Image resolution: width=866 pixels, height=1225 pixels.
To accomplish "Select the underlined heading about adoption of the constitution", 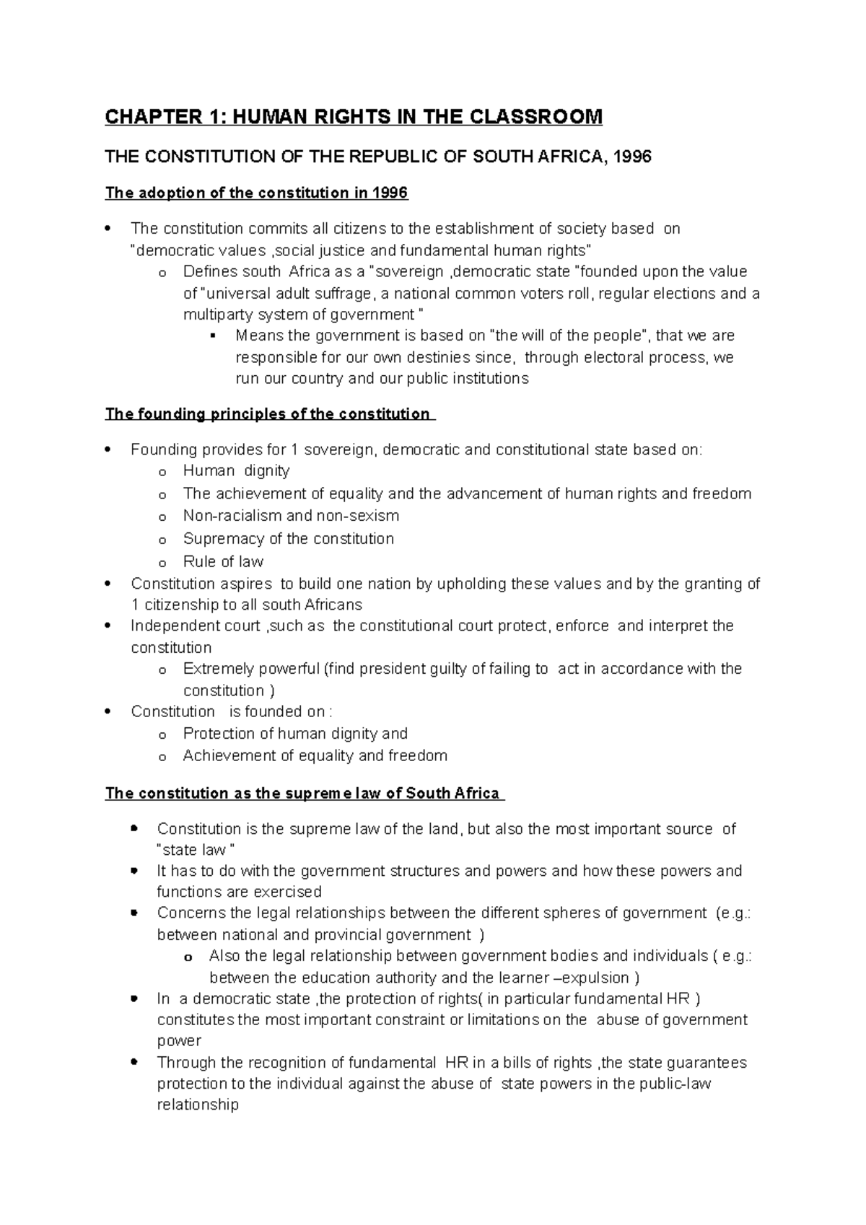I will (256, 193).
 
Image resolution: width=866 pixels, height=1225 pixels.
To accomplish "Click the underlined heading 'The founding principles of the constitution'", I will (267, 414).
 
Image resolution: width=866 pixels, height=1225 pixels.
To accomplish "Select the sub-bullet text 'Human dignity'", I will (236, 471).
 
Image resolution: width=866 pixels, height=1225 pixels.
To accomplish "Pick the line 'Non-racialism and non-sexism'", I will (291, 516).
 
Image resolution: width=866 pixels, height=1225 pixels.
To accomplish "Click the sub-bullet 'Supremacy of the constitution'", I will (288, 539).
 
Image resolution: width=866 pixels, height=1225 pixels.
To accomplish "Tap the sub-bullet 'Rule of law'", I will (223, 562).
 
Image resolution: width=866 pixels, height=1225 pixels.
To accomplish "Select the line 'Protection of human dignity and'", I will (294, 734).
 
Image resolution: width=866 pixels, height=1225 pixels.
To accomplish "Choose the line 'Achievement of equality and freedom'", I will (315, 756).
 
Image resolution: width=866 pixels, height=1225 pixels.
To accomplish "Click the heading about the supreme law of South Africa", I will (302, 794).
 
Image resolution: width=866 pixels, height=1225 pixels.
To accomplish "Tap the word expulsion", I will (595, 978).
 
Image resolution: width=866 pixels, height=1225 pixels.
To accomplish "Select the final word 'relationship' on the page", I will (197, 1105).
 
